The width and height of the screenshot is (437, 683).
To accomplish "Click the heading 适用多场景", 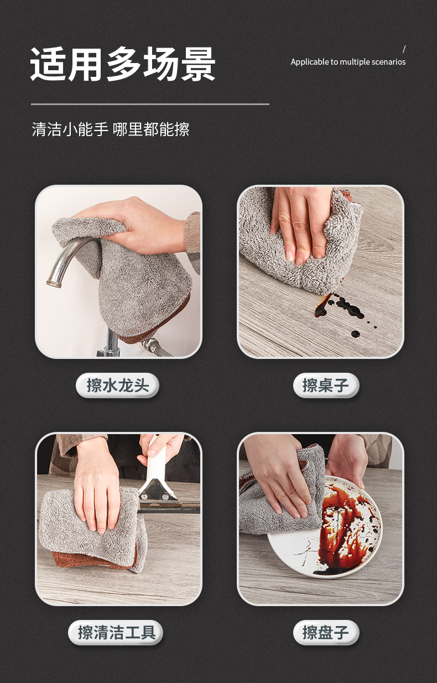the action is pos(123,64).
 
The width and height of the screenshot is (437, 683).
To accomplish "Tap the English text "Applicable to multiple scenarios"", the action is pos(348,62).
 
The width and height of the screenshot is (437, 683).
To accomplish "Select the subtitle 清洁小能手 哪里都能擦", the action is pos(111,129).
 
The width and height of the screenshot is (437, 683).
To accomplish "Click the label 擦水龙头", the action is pos(118,385).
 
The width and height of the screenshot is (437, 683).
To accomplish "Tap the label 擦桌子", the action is pos(326,385).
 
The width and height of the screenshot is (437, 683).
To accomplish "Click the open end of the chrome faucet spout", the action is pos(53,284).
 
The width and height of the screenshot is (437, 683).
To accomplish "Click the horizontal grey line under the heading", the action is pos(150,105).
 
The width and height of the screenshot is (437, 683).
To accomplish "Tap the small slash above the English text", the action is pos(404,49).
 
